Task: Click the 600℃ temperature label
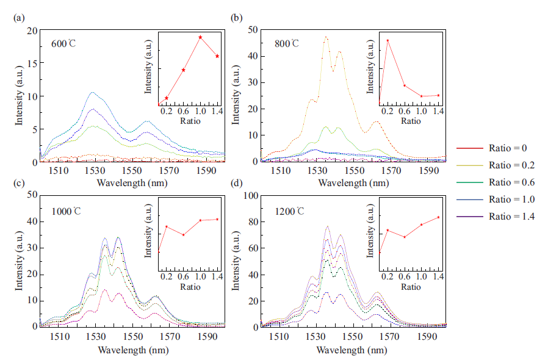[x=63, y=44]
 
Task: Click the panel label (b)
[x=236, y=18]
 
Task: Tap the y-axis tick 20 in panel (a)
[x=33, y=31]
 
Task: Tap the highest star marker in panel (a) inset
[x=200, y=37]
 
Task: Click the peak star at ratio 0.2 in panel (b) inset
[x=388, y=41]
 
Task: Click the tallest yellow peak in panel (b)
[x=326, y=37]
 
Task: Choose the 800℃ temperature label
[x=286, y=43]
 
